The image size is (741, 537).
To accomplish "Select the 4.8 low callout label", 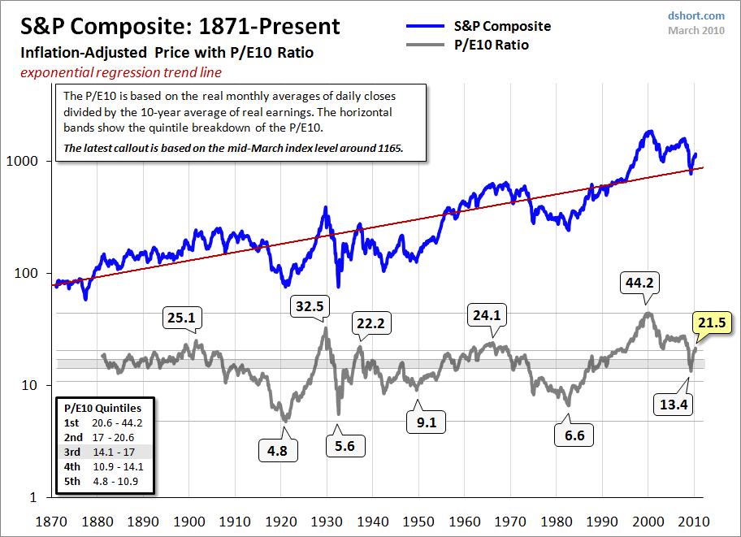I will [x=278, y=450].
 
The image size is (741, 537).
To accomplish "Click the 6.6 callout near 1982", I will [x=574, y=435].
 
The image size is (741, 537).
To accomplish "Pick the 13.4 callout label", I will [x=674, y=404].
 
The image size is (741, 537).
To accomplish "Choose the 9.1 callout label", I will [x=427, y=422].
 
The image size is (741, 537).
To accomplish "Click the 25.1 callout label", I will [x=181, y=318].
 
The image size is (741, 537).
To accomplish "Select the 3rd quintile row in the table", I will [x=106, y=452].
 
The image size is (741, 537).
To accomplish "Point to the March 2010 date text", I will [x=696, y=31].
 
